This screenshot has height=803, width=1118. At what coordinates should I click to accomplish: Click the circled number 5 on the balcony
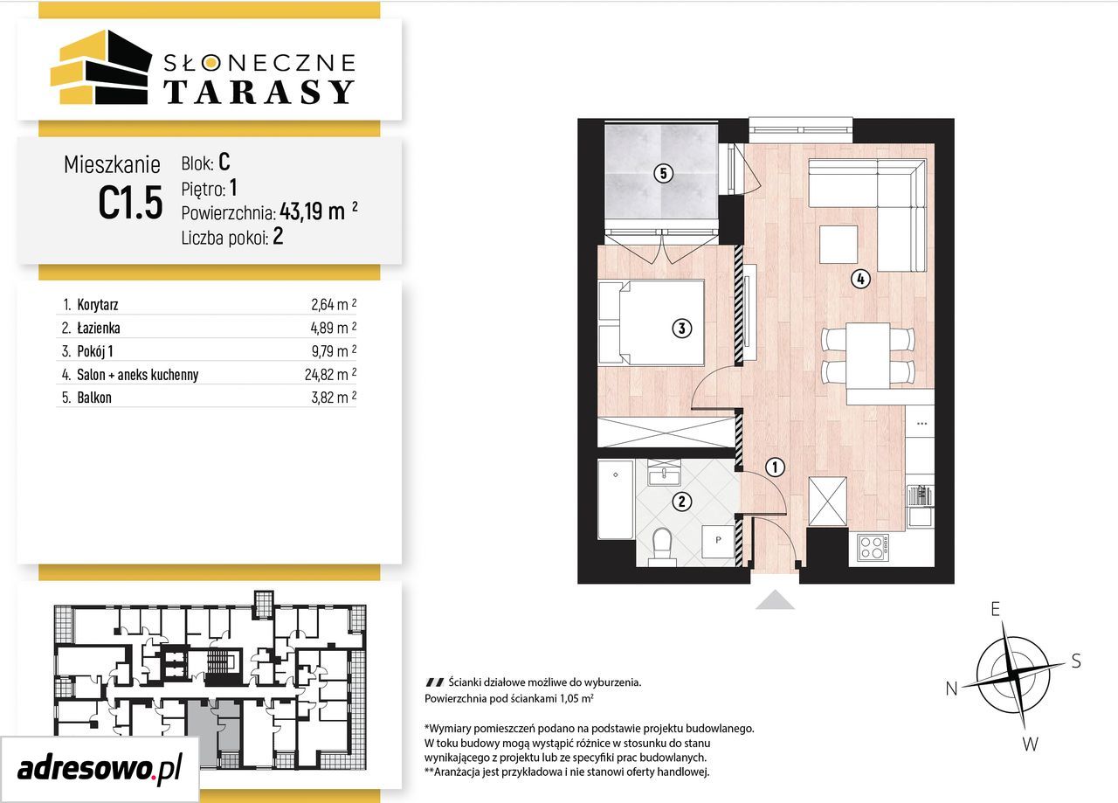pyautogui.click(x=663, y=173)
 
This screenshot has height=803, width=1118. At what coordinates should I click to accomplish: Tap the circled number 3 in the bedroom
pyautogui.click(x=682, y=328)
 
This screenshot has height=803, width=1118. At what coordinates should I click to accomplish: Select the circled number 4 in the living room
pyautogui.click(x=860, y=279)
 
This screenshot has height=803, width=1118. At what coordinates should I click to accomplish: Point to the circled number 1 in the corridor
pyautogui.click(x=775, y=467)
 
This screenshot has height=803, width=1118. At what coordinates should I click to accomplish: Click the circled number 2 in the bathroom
pyautogui.click(x=682, y=502)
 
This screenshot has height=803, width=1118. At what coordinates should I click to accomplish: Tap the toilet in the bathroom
pyautogui.click(x=662, y=547)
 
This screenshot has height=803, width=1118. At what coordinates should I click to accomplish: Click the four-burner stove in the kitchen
pyautogui.click(x=873, y=546)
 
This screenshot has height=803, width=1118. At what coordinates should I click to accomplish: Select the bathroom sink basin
pyautogui.click(x=664, y=475)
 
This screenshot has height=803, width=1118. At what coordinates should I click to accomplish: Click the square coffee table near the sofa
pyautogui.click(x=838, y=244)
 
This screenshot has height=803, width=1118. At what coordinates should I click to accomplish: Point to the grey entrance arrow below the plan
pyautogui.click(x=775, y=600)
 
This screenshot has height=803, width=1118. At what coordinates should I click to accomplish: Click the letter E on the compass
pyautogui.click(x=995, y=609)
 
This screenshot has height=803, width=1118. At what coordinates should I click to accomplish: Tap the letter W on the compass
pyautogui.click(x=1030, y=744)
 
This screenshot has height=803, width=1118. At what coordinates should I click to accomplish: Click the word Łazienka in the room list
pyautogui.click(x=99, y=328)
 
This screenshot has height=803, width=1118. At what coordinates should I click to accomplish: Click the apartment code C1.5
pyautogui.click(x=131, y=203)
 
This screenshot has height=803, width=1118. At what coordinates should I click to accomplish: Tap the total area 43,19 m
pyautogui.click(x=313, y=211)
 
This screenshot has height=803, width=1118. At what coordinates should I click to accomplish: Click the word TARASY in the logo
pyautogui.click(x=259, y=92)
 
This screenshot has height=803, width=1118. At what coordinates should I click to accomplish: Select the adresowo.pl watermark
pyautogui.click(x=100, y=769)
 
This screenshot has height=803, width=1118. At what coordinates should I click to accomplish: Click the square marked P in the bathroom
pyautogui.click(x=718, y=542)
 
